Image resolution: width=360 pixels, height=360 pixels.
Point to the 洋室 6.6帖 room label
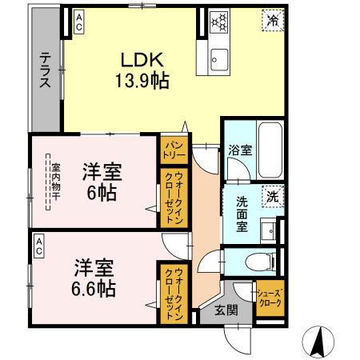coord(94,276)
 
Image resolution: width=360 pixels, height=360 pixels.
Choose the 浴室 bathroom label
coord(238,150)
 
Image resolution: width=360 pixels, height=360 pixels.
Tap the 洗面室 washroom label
coord(243,214)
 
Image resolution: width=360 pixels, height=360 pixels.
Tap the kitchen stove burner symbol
coord(219,23)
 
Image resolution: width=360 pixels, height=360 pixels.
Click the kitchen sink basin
coord(218,58)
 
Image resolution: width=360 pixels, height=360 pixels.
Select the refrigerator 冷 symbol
coord(272,22)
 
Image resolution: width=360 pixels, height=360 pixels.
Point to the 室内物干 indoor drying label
coord(55,183)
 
